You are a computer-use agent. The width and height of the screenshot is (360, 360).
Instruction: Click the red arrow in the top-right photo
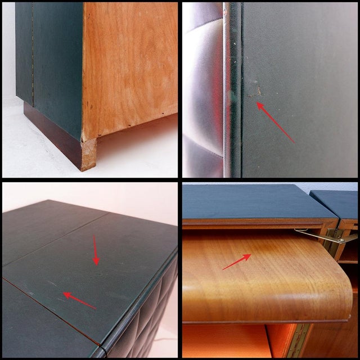(276, 122)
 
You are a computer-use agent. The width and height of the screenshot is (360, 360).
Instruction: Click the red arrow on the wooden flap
(237, 262)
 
